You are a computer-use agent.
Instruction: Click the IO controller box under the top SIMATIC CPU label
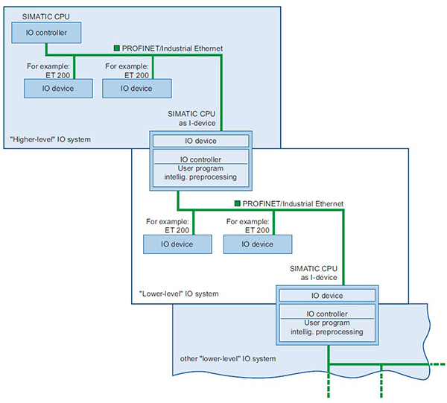click(x=46, y=32)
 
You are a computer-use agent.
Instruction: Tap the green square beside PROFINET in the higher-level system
click(x=117, y=48)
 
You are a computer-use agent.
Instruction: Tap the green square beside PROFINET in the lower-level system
click(x=236, y=203)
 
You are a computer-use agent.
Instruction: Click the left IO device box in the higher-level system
click(x=58, y=88)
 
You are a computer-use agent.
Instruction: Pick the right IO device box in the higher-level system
click(x=136, y=88)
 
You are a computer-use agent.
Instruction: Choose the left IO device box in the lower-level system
click(x=177, y=244)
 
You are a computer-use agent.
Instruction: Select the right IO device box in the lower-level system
click(x=257, y=244)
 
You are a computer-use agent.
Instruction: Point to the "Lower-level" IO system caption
click(x=179, y=294)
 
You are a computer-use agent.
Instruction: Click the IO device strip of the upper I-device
click(x=200, y=141)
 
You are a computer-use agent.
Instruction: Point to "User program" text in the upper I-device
click(x=200, y=168)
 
